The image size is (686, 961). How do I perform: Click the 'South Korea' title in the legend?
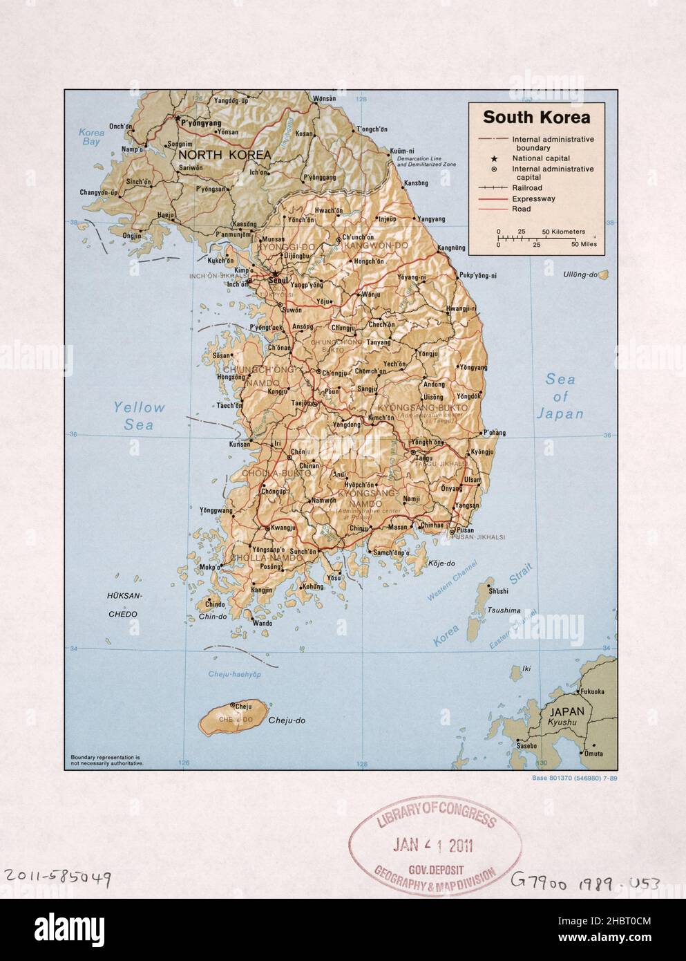[536, 117]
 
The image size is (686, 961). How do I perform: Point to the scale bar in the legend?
[536, 238]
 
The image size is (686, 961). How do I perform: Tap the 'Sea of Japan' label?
[560, 397]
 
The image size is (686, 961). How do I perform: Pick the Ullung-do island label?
[580, 274]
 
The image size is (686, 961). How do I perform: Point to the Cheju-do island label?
[287, 720]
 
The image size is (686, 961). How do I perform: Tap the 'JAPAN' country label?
[566, 711]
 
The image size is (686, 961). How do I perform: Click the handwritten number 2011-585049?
[57, 877]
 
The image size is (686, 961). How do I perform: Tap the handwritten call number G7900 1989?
[584, 881]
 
